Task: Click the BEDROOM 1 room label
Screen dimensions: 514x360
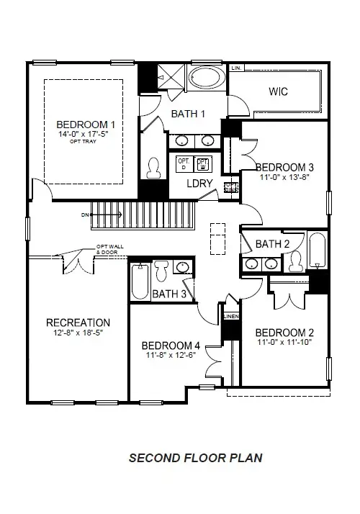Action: (x=86, y=124)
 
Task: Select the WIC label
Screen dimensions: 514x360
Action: (x=278, y=91)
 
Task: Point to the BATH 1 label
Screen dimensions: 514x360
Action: (x=188, y=113)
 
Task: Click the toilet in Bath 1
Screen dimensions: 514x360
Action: (x=153, y=168)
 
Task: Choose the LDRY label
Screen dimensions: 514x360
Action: (x=199, y=184)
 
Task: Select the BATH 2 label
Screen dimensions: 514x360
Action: (x=272, y=244)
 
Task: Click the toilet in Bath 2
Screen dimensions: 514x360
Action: (x=296, y=263)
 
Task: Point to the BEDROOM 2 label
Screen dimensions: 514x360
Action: (x=284, y=332)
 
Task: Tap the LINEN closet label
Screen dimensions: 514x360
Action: (x=230, y=316)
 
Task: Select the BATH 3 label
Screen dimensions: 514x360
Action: (x=169, y=294)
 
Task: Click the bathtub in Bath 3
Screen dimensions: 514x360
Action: (x=140, y=282)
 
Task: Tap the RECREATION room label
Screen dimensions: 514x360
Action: (x=78, y=323)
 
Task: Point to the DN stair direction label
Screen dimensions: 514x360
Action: (x=86, y=215)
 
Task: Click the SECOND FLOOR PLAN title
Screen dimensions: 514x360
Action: (x=195, y=457)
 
